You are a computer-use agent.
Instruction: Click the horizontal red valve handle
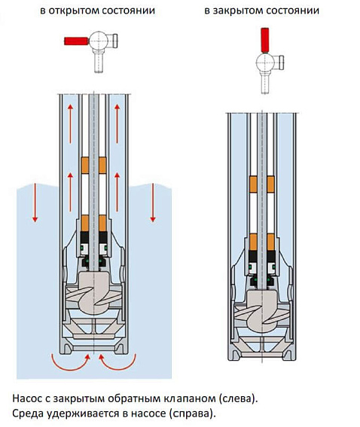coord(76,41)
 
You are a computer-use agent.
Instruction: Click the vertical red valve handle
coord(265,40)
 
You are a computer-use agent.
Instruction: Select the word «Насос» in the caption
coord(25,398)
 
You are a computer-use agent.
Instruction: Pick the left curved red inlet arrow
coord(69,364)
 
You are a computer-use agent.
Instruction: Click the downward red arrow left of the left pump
coord(35,203)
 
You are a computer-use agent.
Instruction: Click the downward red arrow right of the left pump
coord(153,203)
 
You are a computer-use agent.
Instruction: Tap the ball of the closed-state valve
coord(264,62)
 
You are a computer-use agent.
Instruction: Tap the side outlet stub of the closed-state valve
coord(279,63)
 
